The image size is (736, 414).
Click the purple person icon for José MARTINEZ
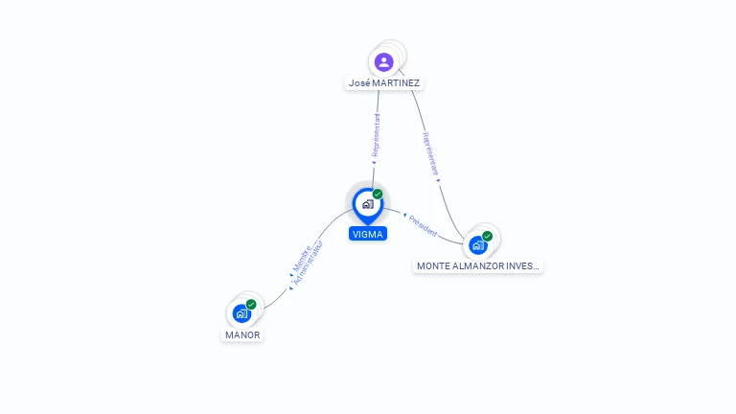click(384, 62)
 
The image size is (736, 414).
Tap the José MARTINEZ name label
click(384, 83)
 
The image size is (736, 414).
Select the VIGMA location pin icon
click(367, 204)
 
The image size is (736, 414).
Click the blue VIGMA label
click(368, 234)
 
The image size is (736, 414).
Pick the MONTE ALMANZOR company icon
click(477, 244)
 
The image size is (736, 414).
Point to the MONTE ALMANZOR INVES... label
click(478, 265)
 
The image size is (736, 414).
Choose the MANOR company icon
click(241, 313)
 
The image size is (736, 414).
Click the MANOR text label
click(242, 335)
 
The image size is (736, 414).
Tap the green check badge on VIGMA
click(378, 195)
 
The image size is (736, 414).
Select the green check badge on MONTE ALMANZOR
click(488, 236)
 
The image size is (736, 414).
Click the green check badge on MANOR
click(251, 305)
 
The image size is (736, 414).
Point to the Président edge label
click(424, 225)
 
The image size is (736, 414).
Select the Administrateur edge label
click(309, 262)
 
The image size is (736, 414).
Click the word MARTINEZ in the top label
click(396, 83)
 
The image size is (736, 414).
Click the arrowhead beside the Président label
click(405, 216)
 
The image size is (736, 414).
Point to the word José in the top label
click(359, 83)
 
